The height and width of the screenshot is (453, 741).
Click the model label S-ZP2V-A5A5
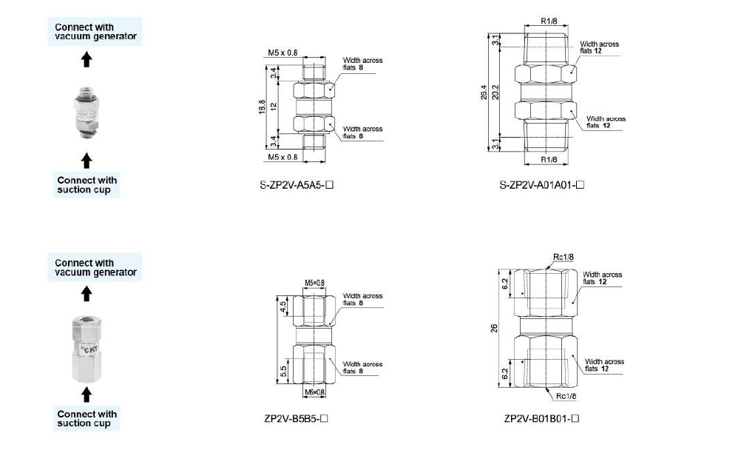(297, 185)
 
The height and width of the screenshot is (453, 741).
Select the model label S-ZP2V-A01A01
(541, 185)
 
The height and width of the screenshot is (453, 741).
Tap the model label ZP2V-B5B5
(296, 418)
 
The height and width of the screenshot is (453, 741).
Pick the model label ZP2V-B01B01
(541, 418)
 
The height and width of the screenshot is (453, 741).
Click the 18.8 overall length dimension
(262, 107)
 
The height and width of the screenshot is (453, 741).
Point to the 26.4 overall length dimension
(484, 93)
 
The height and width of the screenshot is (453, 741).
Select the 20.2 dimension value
(495, 93)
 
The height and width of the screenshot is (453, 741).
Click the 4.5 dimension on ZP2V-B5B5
(283, 307)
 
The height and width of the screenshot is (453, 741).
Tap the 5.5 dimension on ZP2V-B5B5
(283, 371)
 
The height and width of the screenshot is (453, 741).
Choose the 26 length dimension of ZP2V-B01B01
(494, 328)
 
